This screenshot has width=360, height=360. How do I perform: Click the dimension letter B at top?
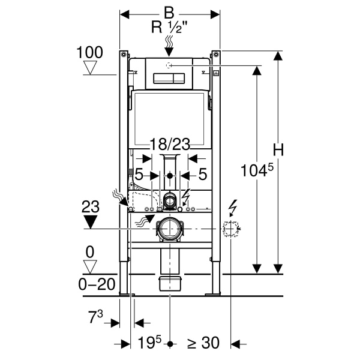(x=169, y=13)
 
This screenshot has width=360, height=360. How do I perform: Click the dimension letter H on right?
(x=278, y=150)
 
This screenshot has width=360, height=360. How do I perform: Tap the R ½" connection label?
(x=168, y=28)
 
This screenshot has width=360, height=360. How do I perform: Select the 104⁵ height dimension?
(x=257, y=170)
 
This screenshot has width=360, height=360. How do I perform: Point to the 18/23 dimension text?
(x=170, y=145)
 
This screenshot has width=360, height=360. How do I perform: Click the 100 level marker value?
(x=89, y=52)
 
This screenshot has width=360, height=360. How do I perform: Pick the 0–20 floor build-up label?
(x=97, y=284)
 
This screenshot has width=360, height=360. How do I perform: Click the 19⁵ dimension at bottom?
(x=149, y=343)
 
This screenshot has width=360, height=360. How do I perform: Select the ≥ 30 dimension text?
(x=203, y=343)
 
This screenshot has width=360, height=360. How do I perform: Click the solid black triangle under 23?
(x=90, y=222)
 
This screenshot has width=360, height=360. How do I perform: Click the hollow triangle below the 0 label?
(x=90, y=267)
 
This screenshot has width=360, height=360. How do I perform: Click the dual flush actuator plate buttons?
(x=169, y=78)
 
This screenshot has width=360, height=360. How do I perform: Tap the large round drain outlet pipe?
(x=170, y=229)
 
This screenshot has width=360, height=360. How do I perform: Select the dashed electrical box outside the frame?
(x=231, y=229)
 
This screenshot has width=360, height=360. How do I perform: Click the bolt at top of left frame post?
(x=124, y=55)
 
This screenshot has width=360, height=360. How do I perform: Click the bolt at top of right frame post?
(x=216, y=55)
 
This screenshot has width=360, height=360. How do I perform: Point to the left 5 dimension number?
(x=139, y=174)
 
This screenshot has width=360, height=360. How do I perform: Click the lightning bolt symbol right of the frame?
(x=233, y=208)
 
